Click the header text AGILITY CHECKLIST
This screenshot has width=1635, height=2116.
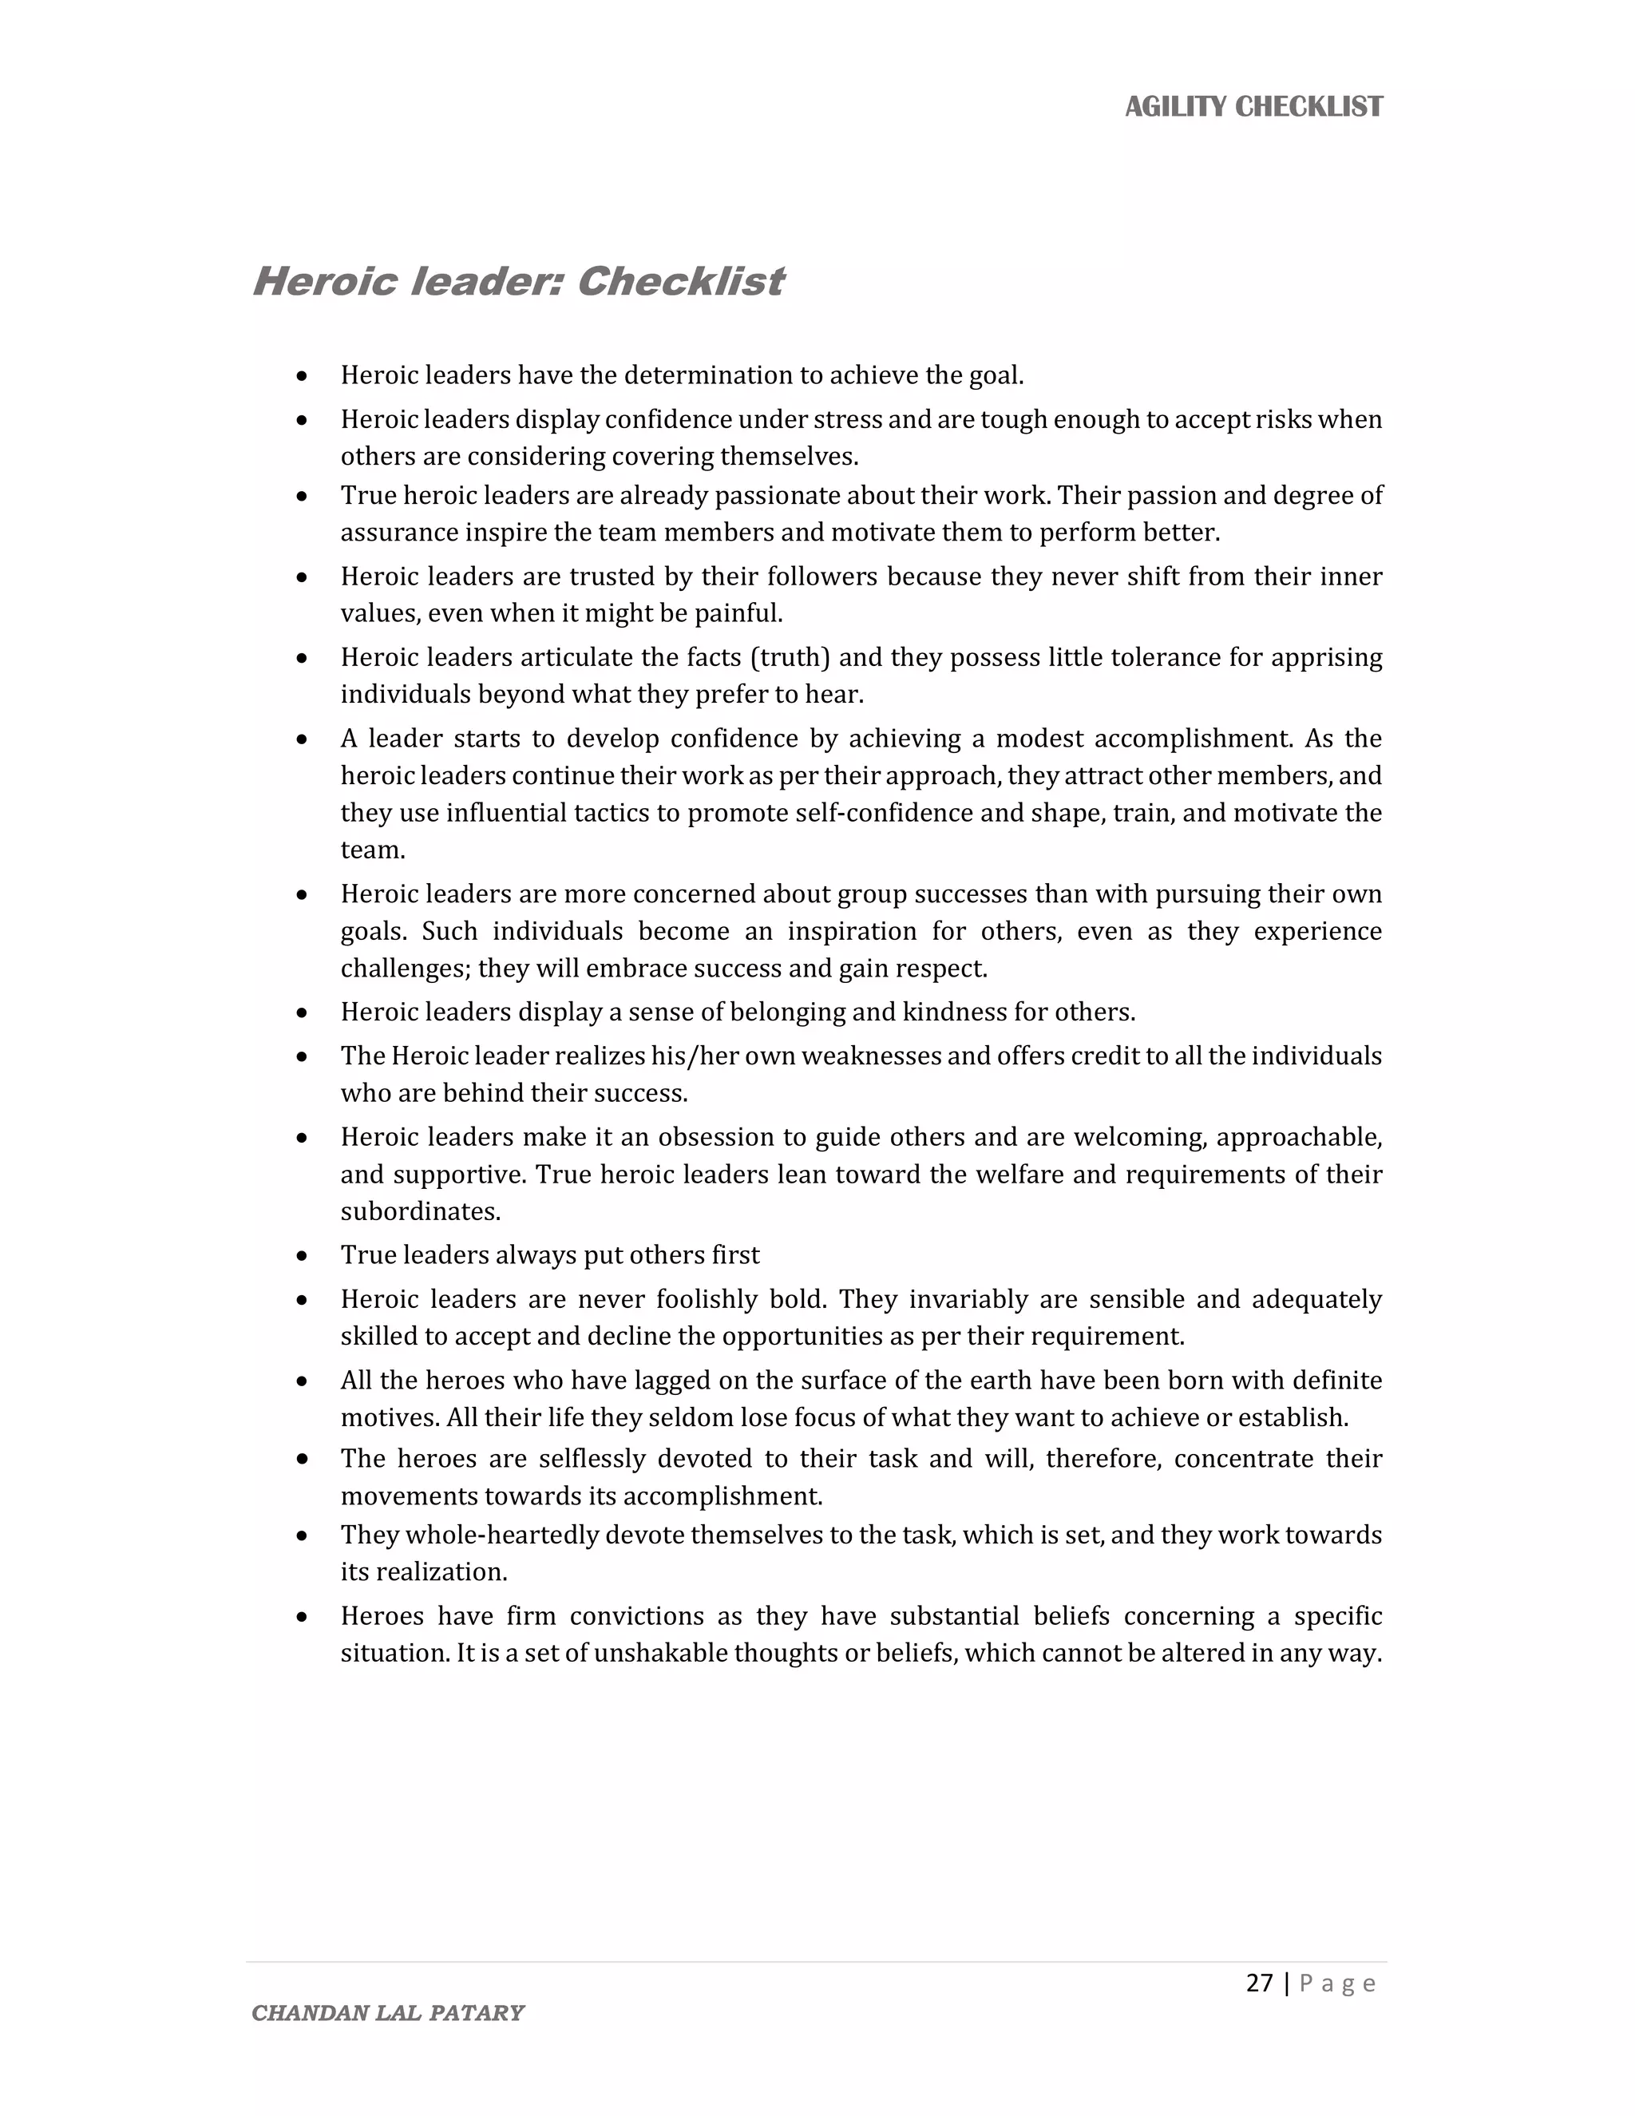1253,106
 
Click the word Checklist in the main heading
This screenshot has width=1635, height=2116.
680,282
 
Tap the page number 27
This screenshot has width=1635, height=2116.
1259,1983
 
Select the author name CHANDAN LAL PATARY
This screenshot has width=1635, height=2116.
387,2013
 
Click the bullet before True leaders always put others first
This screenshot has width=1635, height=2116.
303,1257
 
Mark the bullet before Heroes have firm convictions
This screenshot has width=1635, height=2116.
303,1617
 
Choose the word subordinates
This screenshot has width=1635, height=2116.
419,1212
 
